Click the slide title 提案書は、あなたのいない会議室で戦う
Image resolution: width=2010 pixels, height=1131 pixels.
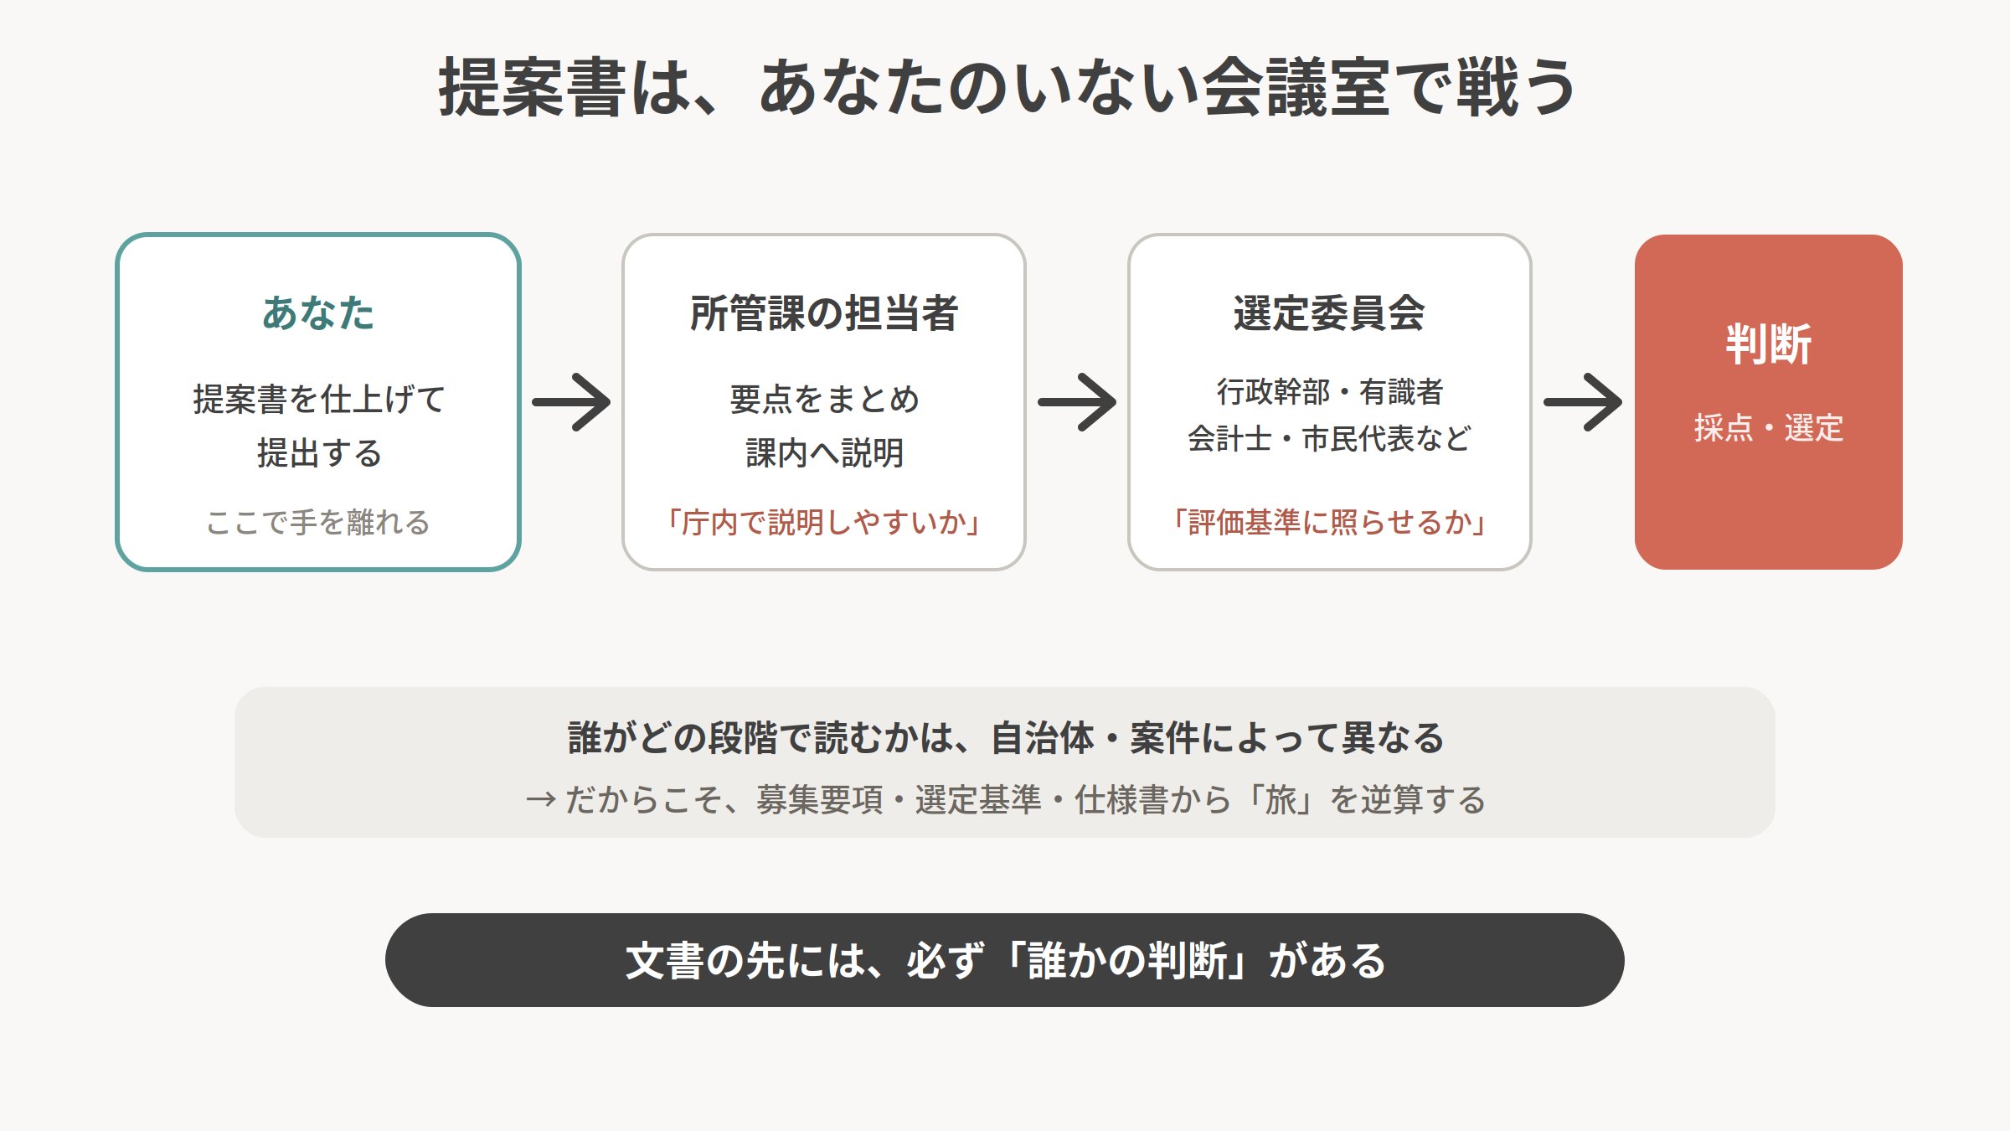pyautogui.click(x=1008, y=88)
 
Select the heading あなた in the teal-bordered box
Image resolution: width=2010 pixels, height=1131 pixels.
pyautogui.click(x=318, y=313)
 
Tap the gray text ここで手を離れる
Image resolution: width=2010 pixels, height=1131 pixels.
pyautogui.click(x=318, y=523)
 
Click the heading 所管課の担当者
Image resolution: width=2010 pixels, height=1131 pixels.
pyautogui.click(x=824, y=313)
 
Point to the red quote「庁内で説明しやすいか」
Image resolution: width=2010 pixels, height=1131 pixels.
pyautogui.click(x=824, y=523)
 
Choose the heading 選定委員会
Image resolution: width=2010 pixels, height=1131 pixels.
pyautogui.click(x=1329, y=313)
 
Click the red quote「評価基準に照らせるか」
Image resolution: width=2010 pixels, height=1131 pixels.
pyautogui.click(x=1329, y=523)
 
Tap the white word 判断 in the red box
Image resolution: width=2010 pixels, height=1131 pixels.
pyautogui.click(x=1769, y=344)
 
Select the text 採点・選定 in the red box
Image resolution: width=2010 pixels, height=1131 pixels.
pyautogui.click(x=1769, y=428)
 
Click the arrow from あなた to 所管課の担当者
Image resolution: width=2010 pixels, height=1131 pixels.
pyautogui.click(x=571, y=402)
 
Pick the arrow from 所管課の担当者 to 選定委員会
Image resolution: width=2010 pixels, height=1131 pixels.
pyautogui.click(x=1077, y=402)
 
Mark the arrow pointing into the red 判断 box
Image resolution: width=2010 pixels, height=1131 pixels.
pyautogui.click(x=1583, y=402)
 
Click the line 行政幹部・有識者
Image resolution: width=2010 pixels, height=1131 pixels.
pyautogui.click(x=1329, y=391)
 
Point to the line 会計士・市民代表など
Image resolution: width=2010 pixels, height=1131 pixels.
pyautogui.click(x=1329, y=438)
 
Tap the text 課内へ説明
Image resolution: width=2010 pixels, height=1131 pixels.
pyautogui.click(x=824, y=453)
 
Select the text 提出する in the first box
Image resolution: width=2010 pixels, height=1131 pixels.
pyautogui.click(x=319, y=453)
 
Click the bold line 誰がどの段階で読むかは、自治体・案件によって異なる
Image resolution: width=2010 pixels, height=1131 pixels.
pyautogui.click(x=1006, y=738)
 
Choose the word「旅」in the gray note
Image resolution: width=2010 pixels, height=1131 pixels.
pyautogui.click(x=1281, y=800)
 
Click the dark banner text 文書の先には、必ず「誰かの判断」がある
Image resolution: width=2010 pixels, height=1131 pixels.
pyautogui.click(x=1005, y=960)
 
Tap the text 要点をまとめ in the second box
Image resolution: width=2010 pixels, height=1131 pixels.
pyautogui.click(x=824, y=399)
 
